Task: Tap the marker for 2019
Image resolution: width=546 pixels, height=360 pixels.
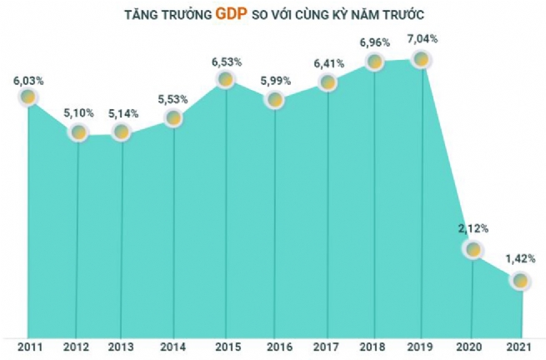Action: pos(422,59)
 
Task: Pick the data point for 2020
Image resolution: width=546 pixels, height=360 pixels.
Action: pos(473,248)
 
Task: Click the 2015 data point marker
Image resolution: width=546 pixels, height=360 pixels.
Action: pos(225,80)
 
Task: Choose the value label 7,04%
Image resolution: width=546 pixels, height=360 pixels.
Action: pos(422,37)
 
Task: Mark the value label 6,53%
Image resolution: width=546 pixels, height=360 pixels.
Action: pos(225,59)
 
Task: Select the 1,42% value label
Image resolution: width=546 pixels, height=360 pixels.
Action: pos(520,260)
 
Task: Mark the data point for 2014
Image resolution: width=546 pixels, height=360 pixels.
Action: pos(173,118)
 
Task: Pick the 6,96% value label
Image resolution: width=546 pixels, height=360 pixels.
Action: pos(374,41)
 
